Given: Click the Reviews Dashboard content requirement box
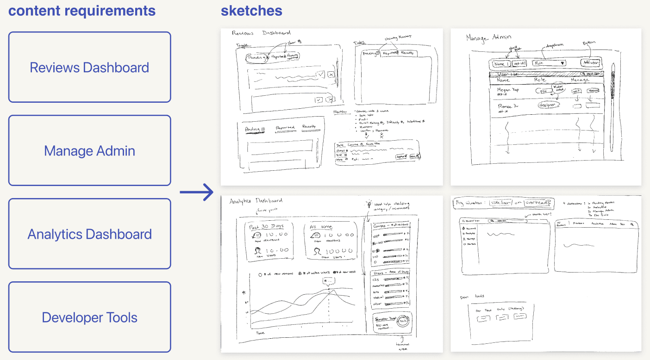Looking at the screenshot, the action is pyautogui.click(x=89, y=68).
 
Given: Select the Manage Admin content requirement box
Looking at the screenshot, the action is pyautogui.click(x=89, y=151).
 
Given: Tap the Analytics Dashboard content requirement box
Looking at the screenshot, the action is pyautogui.click(x=89, y=234).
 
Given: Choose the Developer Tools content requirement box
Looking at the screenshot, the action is pyautogui.click(x=89, y=317).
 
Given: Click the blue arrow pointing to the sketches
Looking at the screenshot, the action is pyautogui.click(x=196, y=192).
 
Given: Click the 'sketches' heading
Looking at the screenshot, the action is pyautogui.click(x=251, y=10).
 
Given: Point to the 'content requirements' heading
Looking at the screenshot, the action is pyautogui.click(x=82, y=10).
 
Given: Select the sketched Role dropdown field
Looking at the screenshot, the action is pyautogui.click(x=549, y=63).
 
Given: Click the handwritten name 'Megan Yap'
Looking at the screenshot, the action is pyautogui.click(x=508, y=90).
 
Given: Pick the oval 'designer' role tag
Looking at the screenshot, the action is pyautogui.click(x=549, y=106).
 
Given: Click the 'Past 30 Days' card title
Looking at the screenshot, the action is pyautogui.click(x=265, y=227).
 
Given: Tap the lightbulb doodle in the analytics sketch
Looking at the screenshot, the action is pyautogui.click(x=369, y=204).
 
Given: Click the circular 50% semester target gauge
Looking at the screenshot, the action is pyautogui.click(x=404, y=321).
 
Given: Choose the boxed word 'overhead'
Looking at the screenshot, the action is pyautogui.click(x=537, y=203).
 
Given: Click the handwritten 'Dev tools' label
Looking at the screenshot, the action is pyautogui.click(x=472, y=297).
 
